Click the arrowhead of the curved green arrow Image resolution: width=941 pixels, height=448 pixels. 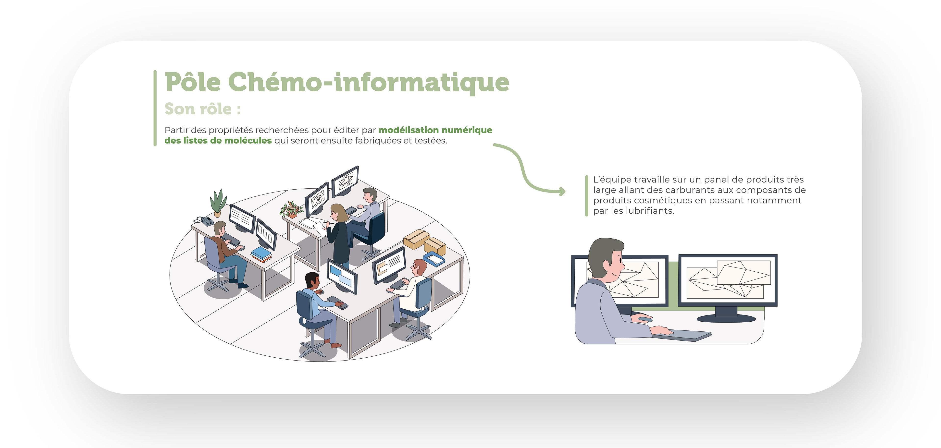pos(563,191)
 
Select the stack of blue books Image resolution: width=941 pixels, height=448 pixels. pos(261,254)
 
